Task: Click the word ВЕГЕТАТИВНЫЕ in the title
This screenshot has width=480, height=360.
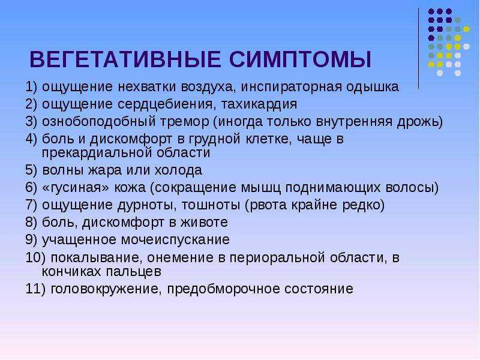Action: pos(125,59)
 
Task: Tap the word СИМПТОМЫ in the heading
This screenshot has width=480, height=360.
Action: pos(301,59)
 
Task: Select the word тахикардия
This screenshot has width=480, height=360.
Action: pos(259,104)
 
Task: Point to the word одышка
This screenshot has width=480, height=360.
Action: pos(373,87)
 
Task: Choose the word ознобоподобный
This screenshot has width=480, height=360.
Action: pos(99,122)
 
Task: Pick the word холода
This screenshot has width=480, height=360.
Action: pos(178,170)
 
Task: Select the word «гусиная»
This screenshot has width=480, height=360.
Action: pos(76,188)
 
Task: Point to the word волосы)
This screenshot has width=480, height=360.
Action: pos(412,188)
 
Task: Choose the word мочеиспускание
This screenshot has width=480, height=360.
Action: pos(175,240)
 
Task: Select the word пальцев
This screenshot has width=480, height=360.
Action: pos(133,272)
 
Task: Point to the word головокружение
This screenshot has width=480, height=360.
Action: pos(106,289)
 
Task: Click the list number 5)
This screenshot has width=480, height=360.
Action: pos(31,170)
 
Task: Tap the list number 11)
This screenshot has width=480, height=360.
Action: pos(35,289)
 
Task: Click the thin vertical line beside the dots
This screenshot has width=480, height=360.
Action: pos(418,49)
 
